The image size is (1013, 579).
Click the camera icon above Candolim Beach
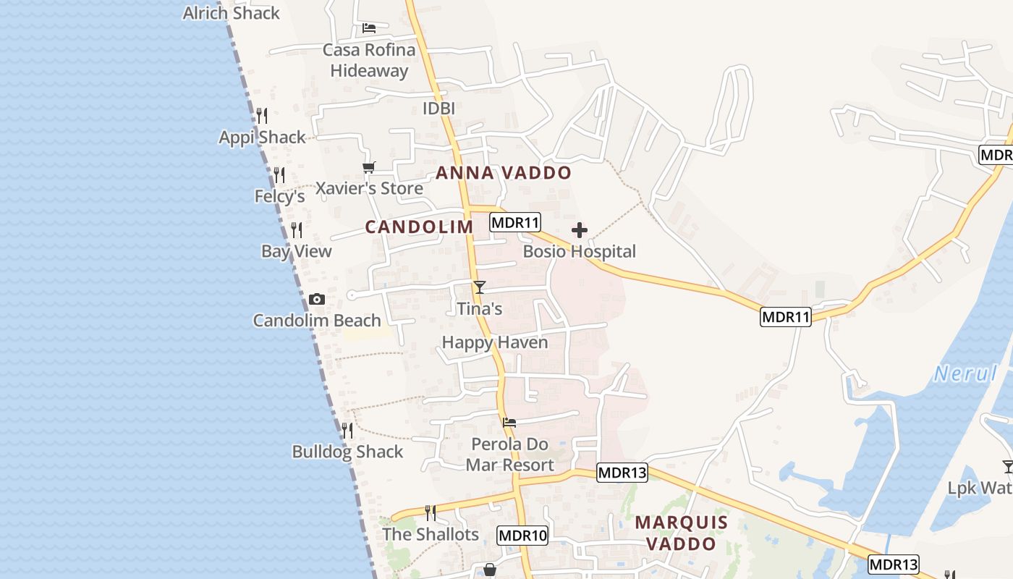[x=316, y=299]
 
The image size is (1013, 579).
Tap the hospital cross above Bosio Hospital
[x=579, y=230]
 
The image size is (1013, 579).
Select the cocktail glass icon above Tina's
[x=479, y=287]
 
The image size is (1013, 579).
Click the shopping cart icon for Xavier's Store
[x=369, y=167]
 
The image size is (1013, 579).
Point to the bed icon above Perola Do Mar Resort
[x=509, y=423]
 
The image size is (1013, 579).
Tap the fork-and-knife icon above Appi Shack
[x=262, y=115]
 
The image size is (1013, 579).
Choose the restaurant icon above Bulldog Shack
[x=347, y=430]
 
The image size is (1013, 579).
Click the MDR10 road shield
[x=522, y=536]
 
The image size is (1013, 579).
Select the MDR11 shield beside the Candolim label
[x=515, y=222]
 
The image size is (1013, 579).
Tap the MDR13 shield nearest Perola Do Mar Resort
[x=622, y=473]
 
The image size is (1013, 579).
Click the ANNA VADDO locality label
[x=504, y=173]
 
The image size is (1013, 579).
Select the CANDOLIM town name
[x=419, y=227]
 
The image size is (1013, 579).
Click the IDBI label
[x=438, y=109]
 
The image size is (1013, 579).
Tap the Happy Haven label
[x=495, y=342]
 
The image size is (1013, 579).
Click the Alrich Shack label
[x=231, y=13]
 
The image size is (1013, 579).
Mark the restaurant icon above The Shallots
[x=431, y=513]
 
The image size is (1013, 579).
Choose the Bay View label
[x=296, y=251]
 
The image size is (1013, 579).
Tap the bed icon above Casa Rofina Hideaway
[x=369, y=29]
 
